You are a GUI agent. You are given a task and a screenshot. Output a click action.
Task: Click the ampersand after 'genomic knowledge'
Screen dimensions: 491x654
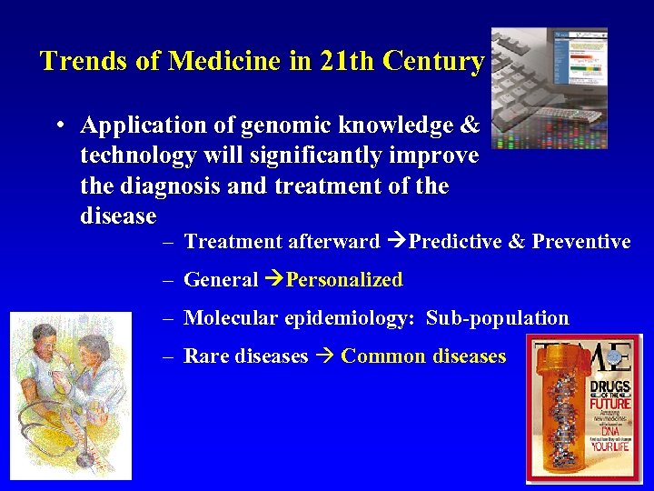470,125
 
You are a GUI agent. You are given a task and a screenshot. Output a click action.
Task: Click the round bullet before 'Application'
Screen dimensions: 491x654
57,125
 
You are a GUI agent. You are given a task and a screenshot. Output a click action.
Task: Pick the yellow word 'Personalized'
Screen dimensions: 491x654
344,280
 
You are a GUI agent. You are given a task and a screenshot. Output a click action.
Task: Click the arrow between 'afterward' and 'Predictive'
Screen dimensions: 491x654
396,241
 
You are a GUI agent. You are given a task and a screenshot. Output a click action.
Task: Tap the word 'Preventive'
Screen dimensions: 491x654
581,241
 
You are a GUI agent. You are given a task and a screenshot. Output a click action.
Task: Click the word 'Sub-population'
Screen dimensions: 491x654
497,318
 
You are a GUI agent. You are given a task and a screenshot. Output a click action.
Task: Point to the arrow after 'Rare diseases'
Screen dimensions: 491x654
323,356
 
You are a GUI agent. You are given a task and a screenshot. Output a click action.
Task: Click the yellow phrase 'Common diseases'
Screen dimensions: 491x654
423,356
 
